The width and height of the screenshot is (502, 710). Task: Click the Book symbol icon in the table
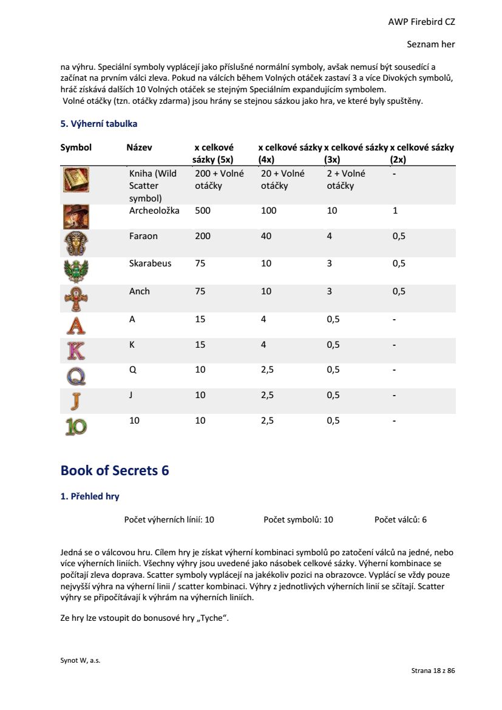click(x=76, y=180)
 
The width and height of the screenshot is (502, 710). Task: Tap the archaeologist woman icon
click(x=76, y=217)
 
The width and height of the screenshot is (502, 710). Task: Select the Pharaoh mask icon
click(x=76, y=243)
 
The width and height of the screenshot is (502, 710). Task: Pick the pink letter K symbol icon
click(x=76, y=351)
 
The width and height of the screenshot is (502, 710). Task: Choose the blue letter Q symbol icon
click(x=76, y=376)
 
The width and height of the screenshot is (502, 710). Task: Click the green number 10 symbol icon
click(x=76, y=427)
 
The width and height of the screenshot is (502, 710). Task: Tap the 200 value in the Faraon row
click(x=203, y=236)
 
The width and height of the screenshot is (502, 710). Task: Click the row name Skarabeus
click(x=150, y=263)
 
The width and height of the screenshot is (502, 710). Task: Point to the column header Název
click(x=139, y=147)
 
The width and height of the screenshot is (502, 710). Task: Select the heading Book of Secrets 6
click(x=115, y=470)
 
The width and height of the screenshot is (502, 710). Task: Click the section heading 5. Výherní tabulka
click(x=99, y=124)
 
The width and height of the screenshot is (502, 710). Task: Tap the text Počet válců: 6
click(x=401, y=519)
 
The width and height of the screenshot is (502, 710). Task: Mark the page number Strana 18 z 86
click(x=433, y=671)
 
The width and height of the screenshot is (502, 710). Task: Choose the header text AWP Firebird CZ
click(x=421, y=22)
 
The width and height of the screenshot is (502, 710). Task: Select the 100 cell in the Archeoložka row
click(x=268, y=211)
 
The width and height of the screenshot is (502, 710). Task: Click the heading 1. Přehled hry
click(x=90, y=496)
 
